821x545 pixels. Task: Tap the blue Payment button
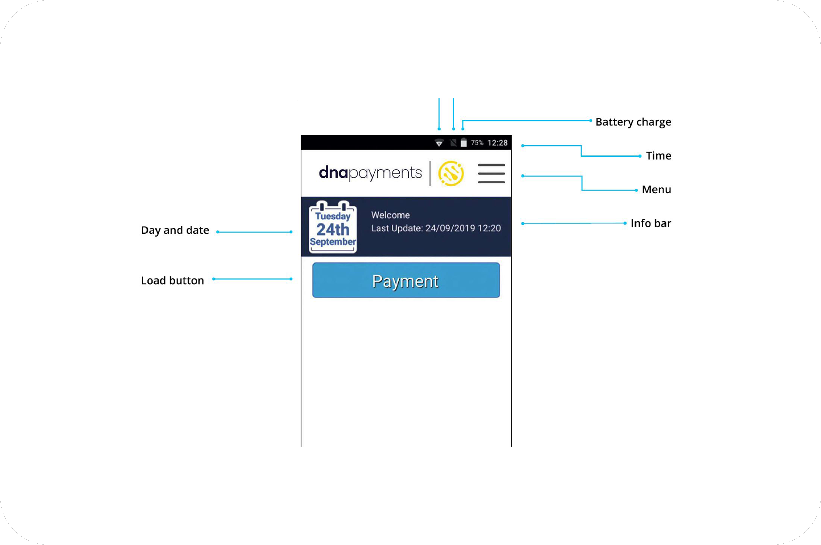406,280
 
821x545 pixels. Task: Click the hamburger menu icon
491,173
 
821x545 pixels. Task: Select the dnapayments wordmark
370,173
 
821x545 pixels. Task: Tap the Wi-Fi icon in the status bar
439,142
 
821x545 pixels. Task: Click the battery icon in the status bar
464,142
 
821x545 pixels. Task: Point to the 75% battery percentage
477,142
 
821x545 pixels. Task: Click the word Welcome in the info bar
390,215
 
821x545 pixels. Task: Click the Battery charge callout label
633,122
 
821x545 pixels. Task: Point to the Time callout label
658,155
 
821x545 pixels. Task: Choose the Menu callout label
656,189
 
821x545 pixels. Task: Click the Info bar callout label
651,223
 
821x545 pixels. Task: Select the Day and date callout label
175,230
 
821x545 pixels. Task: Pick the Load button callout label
172,280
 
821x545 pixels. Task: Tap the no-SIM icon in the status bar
453,142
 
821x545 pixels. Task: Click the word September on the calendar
333,241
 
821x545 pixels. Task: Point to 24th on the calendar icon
333,229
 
